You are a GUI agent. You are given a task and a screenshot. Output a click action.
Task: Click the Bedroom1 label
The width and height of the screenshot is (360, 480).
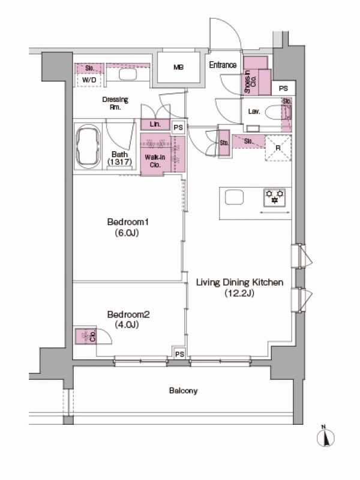pos(128,227)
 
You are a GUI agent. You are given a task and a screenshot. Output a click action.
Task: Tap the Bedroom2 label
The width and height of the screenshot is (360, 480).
pos(128,319)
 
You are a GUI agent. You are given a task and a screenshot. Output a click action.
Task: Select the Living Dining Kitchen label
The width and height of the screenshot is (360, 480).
pos(239,287)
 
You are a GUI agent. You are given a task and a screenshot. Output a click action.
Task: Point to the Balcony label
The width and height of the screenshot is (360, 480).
pos(183,391)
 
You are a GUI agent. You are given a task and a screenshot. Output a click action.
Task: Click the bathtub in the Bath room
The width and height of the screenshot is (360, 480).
pos(88,147)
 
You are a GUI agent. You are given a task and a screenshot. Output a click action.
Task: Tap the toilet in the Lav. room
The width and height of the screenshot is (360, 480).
pos(278,112)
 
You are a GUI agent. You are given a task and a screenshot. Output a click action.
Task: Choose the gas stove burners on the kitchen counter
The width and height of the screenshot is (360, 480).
pos(274,197)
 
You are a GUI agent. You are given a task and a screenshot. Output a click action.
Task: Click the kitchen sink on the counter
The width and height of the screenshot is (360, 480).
pos(234,197)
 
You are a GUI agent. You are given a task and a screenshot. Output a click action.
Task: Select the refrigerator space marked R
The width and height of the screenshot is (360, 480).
pos(278,148)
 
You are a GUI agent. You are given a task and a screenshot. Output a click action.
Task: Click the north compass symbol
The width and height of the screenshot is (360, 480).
pos(325,436)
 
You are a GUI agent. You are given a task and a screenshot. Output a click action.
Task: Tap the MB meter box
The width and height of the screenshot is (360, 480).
pos(178,67)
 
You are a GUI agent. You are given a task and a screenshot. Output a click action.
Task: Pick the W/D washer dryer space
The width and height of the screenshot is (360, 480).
pos(89,80)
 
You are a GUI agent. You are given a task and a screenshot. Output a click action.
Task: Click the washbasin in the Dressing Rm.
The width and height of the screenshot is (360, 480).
pos(128,74)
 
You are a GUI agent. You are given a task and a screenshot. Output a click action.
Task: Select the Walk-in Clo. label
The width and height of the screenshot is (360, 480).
pos(155,161)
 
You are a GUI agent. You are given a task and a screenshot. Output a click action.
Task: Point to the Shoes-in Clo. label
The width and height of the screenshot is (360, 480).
pos(250,82)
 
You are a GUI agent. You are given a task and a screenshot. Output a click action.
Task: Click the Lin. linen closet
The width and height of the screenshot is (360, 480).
pos(155,124)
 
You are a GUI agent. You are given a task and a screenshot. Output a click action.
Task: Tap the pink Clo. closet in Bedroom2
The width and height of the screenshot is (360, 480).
pos(86,336)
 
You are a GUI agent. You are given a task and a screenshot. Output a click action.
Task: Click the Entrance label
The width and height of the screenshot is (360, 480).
pos(223,65)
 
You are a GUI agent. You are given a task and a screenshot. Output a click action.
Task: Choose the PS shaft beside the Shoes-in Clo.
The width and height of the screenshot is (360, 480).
pos(283,88)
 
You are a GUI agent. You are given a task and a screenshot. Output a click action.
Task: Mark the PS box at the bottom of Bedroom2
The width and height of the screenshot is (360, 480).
pos(179,354)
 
